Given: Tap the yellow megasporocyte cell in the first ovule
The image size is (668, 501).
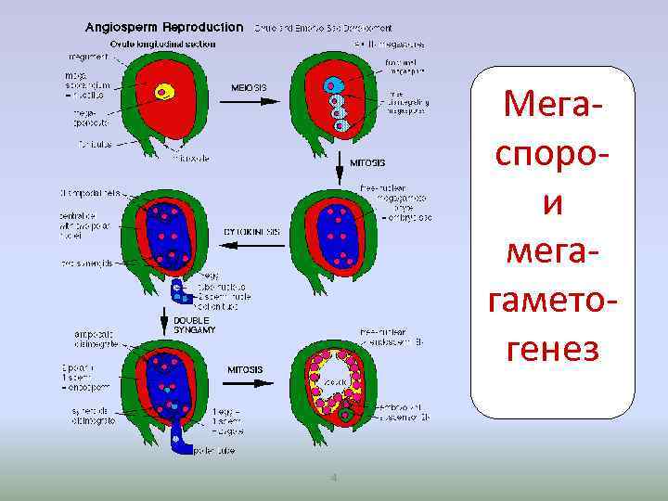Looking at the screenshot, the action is click(165, 91).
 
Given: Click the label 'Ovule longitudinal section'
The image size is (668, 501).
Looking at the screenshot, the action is click(162, 43).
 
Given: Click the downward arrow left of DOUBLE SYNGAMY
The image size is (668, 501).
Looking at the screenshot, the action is click(165, 322).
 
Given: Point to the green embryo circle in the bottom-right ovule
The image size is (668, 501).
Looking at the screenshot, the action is click(346, 415).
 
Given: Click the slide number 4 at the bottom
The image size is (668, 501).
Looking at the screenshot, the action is click(333, 479).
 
